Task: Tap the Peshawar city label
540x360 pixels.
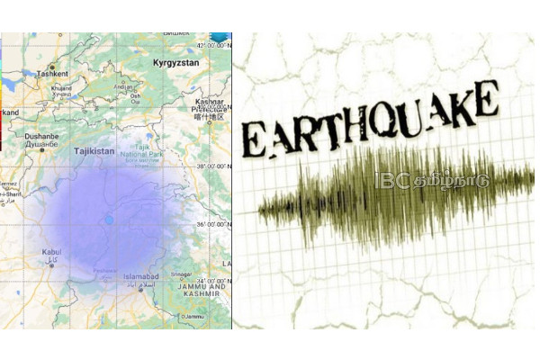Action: click(105, 269)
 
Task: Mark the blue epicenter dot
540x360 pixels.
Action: click(109, 219)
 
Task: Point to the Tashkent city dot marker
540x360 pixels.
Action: click(52, 67)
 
